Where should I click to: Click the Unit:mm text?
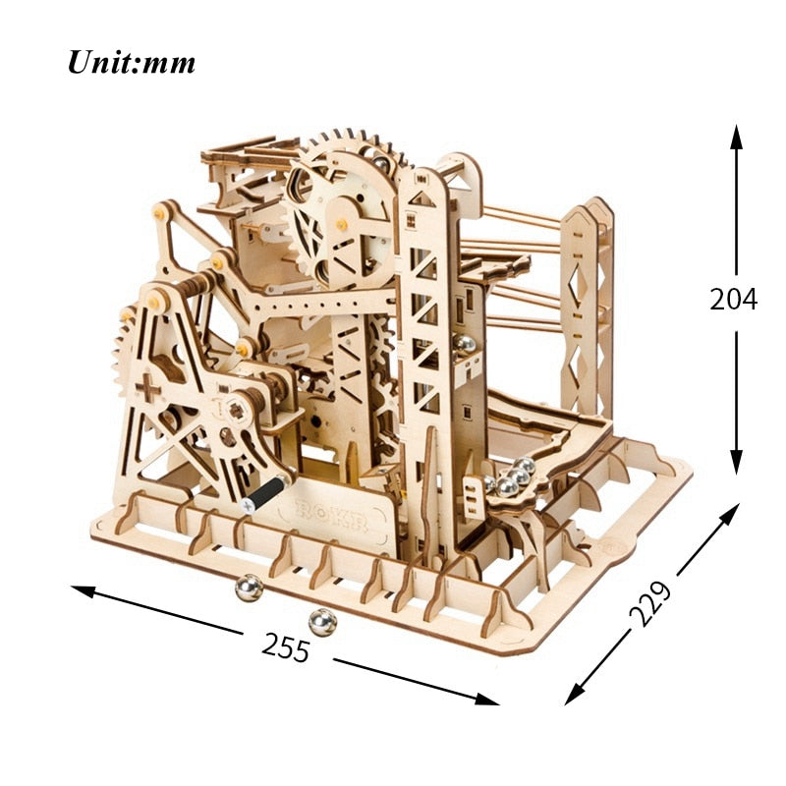click(x=131, y=62)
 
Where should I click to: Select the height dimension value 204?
click(x=733, y=299)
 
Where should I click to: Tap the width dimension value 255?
click(x=285, y=646)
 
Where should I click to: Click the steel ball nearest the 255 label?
click(x=319, y=621)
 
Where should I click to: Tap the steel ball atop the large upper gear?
click(x=378, y=155)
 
